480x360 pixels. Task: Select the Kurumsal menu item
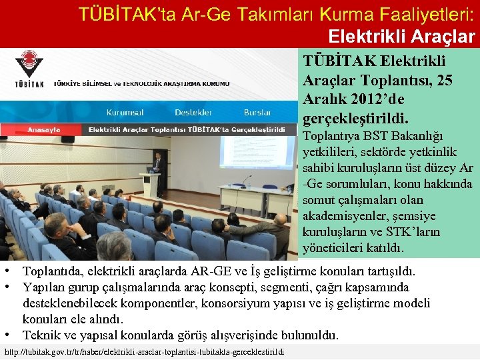click(125, 113)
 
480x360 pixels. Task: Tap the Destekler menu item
click(193, 113)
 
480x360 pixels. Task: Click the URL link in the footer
click(144, 351)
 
